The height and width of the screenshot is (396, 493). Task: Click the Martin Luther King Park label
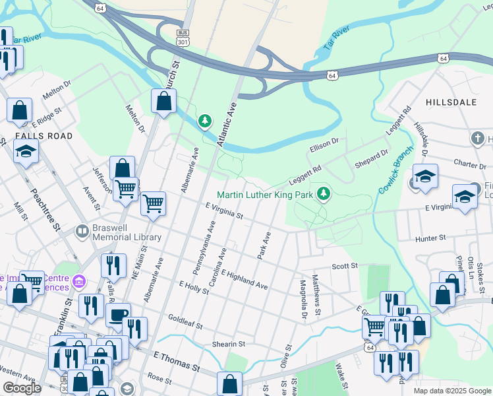(265, 194)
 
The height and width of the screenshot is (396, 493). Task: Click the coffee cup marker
(119, 314)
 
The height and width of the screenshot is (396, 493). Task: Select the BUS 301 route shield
(183, 37)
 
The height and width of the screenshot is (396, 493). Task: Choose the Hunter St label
(431, 237)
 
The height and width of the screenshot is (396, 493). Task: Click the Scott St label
(343, 266)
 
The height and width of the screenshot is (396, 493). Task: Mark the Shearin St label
(228, 344)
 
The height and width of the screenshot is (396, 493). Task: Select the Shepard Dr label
(371, 158)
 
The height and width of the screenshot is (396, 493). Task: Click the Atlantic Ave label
(228, 116)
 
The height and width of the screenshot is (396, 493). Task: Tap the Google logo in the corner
(22, 389)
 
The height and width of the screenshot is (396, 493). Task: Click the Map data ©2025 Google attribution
(451, 391)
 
